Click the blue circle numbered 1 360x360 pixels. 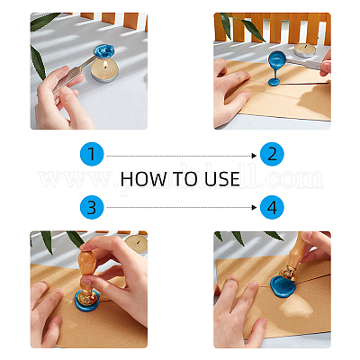tap(91, 154)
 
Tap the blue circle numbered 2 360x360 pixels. tap(271, 154)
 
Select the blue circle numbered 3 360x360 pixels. tap(91, 208)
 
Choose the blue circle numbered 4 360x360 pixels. tap(271, 208)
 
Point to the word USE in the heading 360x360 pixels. tap(221, 179)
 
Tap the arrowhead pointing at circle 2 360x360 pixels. tap(255, 154)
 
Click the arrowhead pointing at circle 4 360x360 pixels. tap(255, 208)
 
